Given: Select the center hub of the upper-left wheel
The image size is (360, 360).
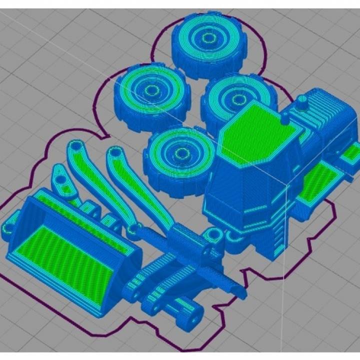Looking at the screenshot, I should [150, 90].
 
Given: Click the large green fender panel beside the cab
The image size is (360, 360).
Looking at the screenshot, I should [319, 179].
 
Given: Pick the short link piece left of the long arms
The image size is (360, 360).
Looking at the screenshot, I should [62, 181].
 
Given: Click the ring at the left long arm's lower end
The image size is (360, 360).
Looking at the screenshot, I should [132, 229].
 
